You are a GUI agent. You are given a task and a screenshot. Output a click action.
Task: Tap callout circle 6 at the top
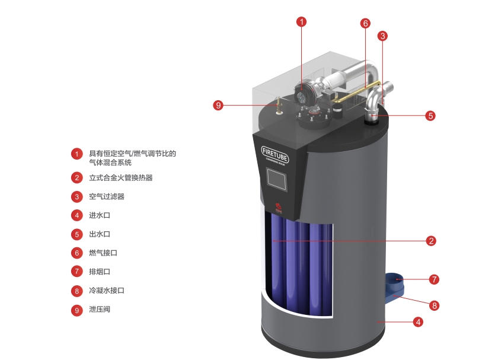tap(365, 24)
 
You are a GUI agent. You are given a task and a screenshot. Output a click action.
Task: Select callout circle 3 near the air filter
tap(383, 36)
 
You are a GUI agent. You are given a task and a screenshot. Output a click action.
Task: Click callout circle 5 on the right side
tap(430, 116)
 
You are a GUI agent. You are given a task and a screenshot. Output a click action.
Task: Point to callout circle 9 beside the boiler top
tap(219, 105)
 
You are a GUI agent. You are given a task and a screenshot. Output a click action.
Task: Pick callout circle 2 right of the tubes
tap(432, 241)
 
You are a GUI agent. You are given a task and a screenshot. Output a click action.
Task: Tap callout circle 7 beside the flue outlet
tap(434, 278)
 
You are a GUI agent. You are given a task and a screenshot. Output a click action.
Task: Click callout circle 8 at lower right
tap(435, 306)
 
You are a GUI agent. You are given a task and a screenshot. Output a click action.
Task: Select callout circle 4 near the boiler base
tap(418, 322)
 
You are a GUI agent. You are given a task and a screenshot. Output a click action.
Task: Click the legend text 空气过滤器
tap(107, 196)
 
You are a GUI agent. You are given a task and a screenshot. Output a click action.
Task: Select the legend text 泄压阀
tap(100, 310)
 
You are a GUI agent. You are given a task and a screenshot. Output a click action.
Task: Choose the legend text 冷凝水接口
tap(107, 291)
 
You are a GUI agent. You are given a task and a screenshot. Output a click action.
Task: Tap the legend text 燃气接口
tap(103, 253)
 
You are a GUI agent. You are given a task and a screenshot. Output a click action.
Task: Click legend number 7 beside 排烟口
tap(76, 272)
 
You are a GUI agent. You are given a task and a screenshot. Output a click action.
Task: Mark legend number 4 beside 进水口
tap(76, 215)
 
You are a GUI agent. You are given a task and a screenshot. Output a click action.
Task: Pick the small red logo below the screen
tap(276, 207)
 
